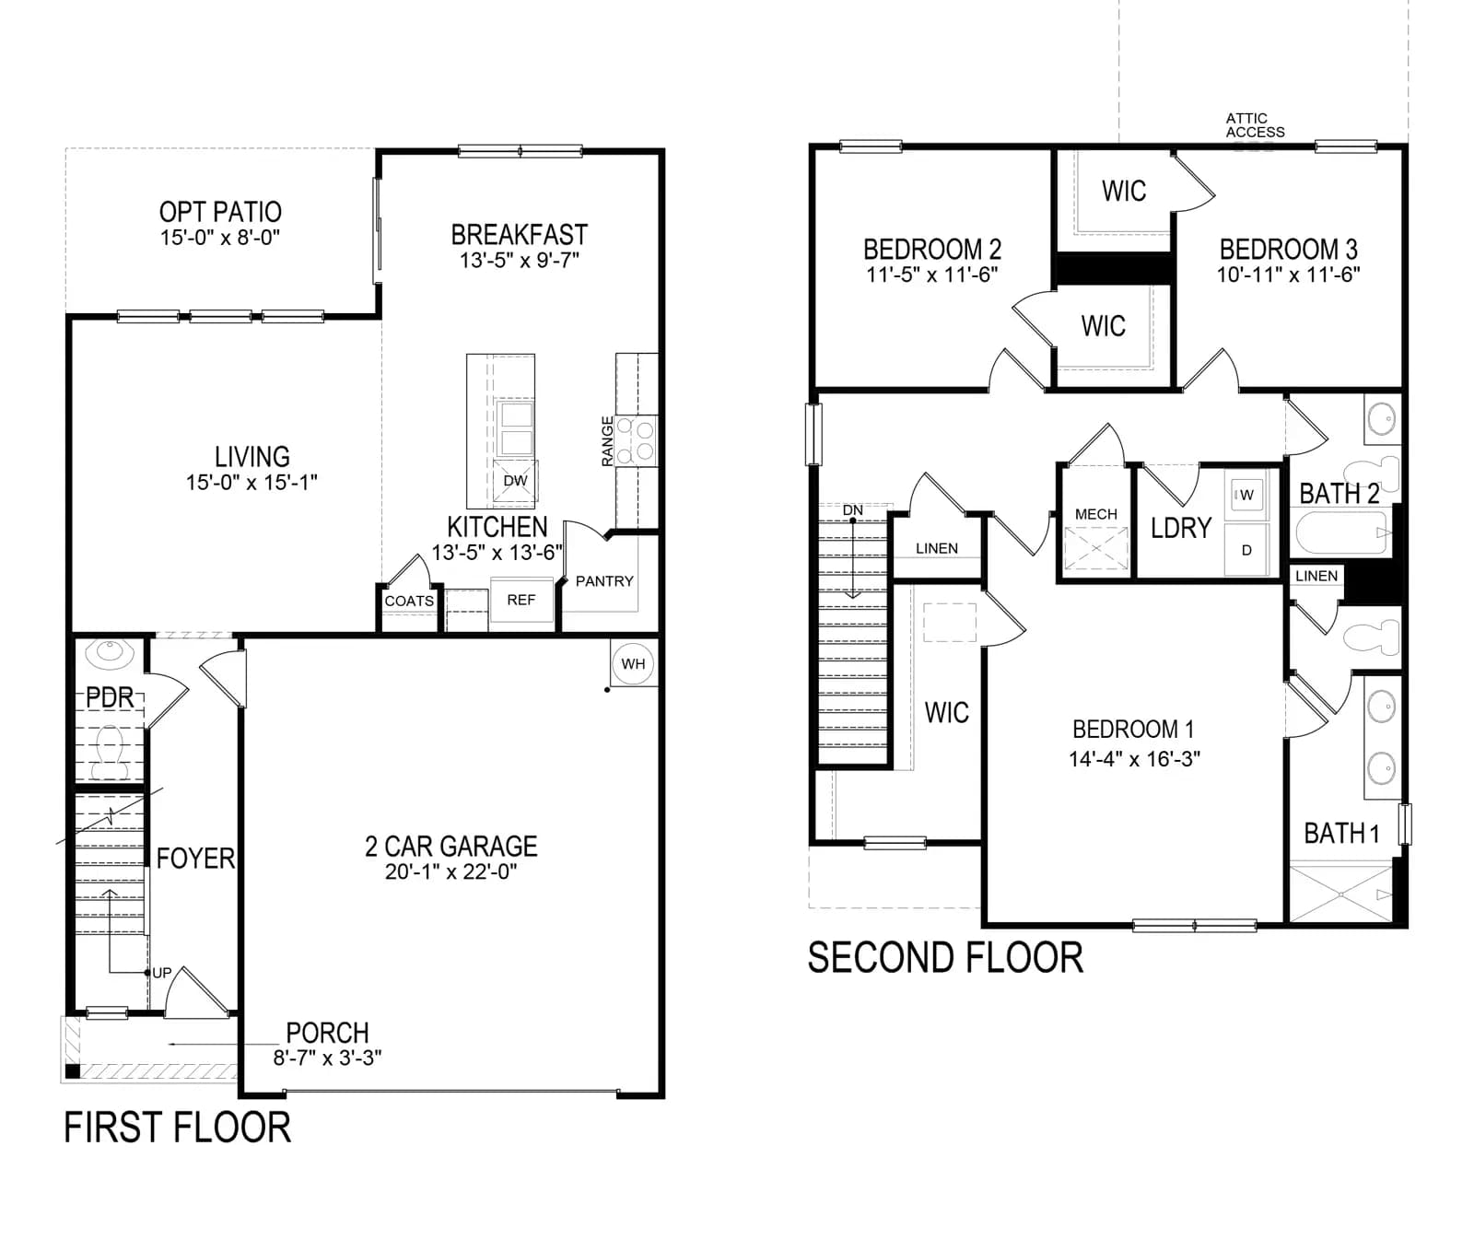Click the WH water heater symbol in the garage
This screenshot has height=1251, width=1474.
pos(633,663)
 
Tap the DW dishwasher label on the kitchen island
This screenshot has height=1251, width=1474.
pos(515,481)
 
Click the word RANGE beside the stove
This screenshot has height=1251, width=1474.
pos(607,441)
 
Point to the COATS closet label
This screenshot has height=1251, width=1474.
pos(409,601)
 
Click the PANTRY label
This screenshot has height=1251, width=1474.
pos(604,581)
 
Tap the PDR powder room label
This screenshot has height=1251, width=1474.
pos(110,698)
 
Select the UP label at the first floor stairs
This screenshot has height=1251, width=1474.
pos(162,973)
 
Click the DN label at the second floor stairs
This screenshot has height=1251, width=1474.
pos(853,510)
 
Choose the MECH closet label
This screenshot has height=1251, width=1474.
pos(1096,514)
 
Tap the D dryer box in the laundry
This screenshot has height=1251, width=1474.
pos(1246,550)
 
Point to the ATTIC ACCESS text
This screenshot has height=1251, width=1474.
pos(1255,125)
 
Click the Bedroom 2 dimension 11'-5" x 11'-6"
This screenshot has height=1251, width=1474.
pos(932,275)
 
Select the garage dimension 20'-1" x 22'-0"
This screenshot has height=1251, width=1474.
pos(451,871)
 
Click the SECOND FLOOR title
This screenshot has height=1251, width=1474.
pos(945,958)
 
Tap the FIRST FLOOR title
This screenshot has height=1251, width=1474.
pos(177,1128)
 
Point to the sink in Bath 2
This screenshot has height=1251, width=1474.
pos(1381,419)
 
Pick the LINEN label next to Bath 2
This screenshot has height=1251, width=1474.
pos(1316,576)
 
